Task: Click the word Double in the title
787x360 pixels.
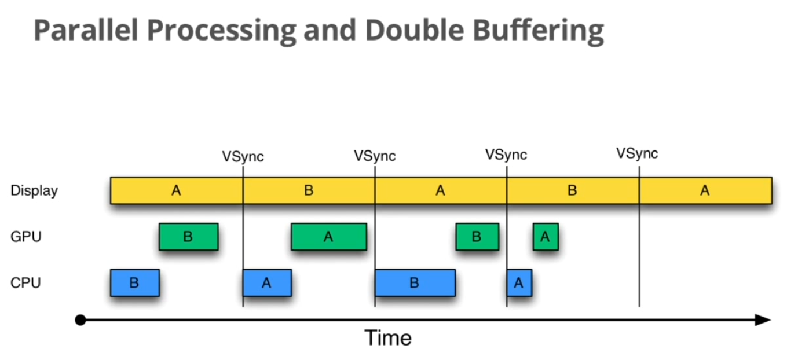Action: (x=415, y=30)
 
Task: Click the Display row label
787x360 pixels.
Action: (x=34, y=191)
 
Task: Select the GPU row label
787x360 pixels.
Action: (x=26, y=237)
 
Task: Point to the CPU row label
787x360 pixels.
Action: (x=25, y=282)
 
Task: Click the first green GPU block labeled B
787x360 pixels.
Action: (x=189, y=237)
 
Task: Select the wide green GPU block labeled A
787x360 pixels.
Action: (x=329, y=237)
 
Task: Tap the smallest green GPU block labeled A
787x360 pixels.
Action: (x=546, y=237)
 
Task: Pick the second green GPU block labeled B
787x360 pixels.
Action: (x=477, y=237)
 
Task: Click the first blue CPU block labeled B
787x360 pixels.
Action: (x=135, y=282)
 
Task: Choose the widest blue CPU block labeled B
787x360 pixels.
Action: (x=415, y=282)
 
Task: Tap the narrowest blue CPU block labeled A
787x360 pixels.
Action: (x=519, y=282)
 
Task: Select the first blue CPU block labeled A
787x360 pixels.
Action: (x=267, y=282)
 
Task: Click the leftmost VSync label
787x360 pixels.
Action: (x=243, y=157)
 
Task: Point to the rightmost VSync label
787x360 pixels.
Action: (x=637, y=153)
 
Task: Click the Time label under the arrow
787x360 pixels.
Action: (x=388, y=338)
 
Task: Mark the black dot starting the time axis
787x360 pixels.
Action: (x=80, y=320)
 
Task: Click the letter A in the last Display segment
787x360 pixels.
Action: (x=705, y=191)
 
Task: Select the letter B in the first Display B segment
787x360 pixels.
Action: (x=309, y=190)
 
